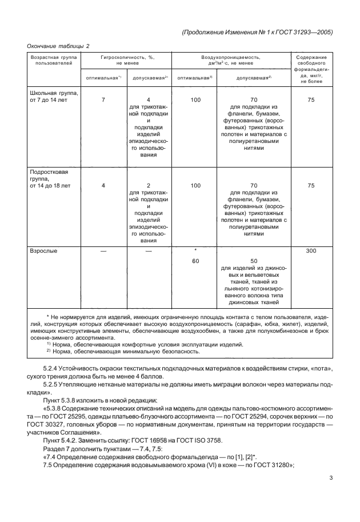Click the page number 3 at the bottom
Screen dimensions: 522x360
pyautogui.click(x=331, y=479)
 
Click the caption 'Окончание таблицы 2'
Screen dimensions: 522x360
pyautogui.click(x=58, y=46)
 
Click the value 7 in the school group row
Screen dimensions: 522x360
pyautogui.click(x=103, y=99)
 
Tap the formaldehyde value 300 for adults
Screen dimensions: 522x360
pyautogui.click(x=311, y=250)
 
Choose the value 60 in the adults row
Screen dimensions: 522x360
pyautogui.click(x=195, y=261)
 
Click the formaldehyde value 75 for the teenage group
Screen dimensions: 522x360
pyautogui.click(x=311, y=185)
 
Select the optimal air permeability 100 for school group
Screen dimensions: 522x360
pyautogui.click(x=195, y=99)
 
